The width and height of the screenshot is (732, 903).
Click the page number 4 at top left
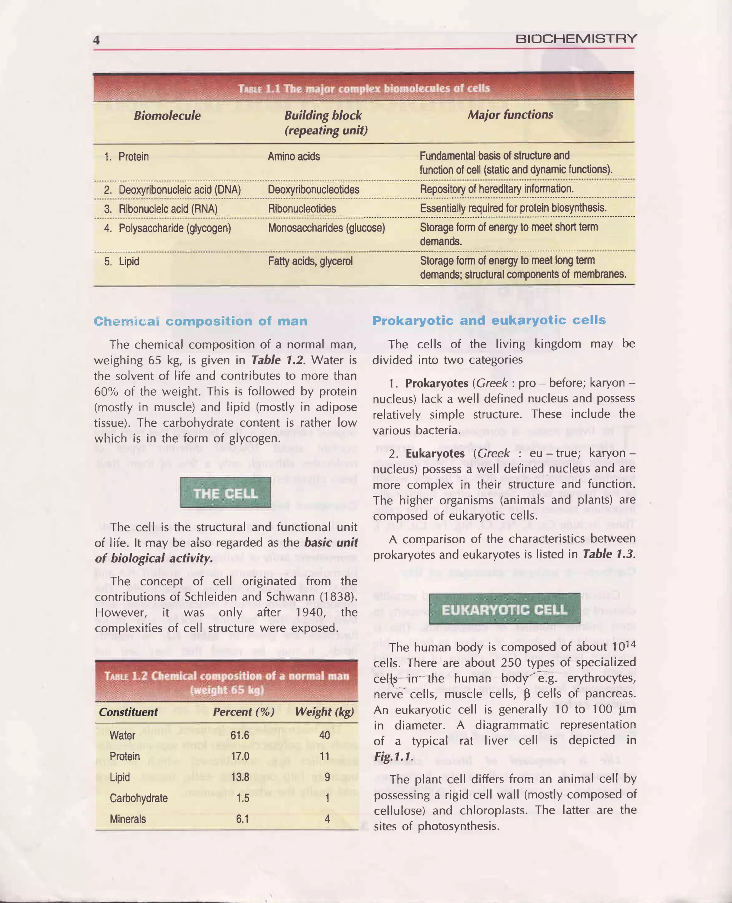pyautogui.click(x=97, y=40)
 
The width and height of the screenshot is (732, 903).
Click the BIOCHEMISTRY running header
pyautogui.click(x=575, y=39)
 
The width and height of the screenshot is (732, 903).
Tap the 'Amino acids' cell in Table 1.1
pyautogui.click(x=293, y=157)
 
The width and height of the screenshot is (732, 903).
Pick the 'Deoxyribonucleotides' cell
pyautogui.click(x=313, y=190)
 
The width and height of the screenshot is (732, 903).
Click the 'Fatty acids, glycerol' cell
pyautogui.click(x=310, y=261)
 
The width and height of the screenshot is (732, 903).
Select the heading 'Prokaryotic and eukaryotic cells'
pyautogui.click(x=489, y=320)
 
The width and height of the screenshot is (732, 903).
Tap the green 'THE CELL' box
pyautogui.click(x=226, y=493)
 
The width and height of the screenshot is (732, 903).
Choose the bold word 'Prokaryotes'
pyautogui.click(x=436, y=383)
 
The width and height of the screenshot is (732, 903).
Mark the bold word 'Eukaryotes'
pyautogui.click(x=435, y=453)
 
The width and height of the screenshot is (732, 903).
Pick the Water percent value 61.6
pyautogui.click(x=239, y=735)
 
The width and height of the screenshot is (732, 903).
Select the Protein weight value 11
pyautogui.click(x=324, y=756)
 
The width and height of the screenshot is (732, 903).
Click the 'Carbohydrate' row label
pyautogui.click(x=138, y=798)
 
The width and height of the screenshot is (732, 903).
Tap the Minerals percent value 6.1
pyautogui.click(x=242, y=819)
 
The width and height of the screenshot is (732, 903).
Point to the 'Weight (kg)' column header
pyautogui.click(x=324, y=712)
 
